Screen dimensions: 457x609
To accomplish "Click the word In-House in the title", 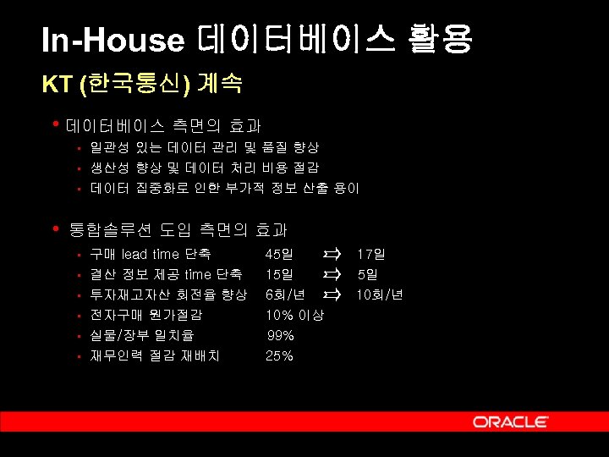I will (112, 41).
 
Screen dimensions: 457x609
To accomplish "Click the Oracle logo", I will (510, 421).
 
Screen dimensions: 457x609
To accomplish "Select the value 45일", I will (280, 254).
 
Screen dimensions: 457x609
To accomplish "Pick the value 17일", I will (370, 254).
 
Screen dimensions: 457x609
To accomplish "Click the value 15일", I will (280, 274).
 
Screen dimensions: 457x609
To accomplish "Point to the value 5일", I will (367, 274).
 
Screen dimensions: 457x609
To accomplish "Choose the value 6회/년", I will (286, 295).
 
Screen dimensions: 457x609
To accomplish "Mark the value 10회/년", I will (380, 295).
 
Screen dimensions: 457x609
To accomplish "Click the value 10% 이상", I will (300, 315).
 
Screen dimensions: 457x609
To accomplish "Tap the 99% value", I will (280, 335).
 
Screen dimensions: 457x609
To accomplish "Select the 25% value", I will (280, 355).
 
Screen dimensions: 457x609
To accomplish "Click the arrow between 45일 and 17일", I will (331, 254).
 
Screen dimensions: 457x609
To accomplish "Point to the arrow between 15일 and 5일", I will (331, 274).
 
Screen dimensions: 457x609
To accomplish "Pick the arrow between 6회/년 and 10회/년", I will (331, 295).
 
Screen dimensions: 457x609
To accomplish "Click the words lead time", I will (151, 254).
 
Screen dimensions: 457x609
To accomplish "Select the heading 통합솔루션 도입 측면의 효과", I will (178, 229).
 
